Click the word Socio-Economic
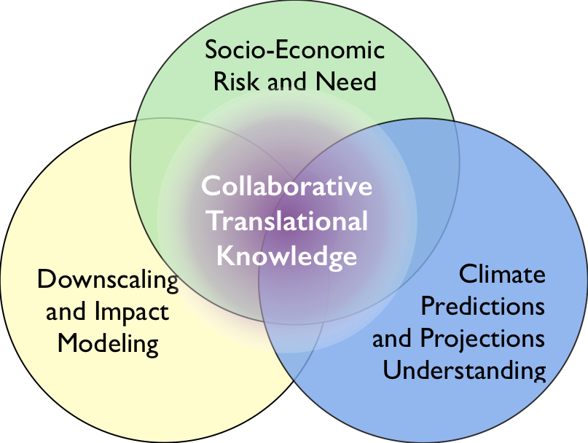295,50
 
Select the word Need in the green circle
346,81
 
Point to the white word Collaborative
287,185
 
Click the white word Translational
288,221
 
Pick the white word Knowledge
287,256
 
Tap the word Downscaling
108,281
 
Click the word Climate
502,274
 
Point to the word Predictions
482,306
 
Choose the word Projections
482,338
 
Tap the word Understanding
464,371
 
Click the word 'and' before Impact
66,312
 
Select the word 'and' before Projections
392,338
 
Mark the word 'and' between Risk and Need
287,81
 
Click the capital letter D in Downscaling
46,279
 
